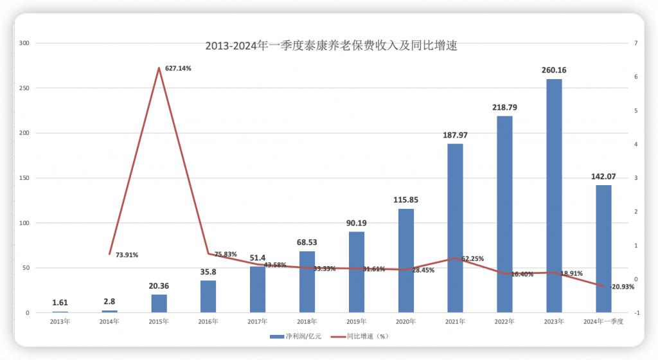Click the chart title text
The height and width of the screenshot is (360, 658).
click(x=331, y=46)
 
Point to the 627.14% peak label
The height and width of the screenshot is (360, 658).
click(x=178, y=67)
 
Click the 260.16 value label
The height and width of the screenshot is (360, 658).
click(x=554, y=70)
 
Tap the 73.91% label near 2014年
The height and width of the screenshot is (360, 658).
click(x=127, y=255)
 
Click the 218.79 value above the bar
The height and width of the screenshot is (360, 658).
click(x=504, y=107)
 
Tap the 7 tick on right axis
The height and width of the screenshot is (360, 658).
click(x=635, y=43)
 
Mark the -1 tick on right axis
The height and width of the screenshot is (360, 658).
click(x=635, y=313)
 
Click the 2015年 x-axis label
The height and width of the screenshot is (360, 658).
click(x=159, y=321)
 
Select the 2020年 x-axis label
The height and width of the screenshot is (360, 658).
click(x=405, y=321)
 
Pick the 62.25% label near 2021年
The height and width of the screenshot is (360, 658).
click(x=472, y=258)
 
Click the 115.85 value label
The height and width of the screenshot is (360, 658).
click(x=405, y=200)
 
